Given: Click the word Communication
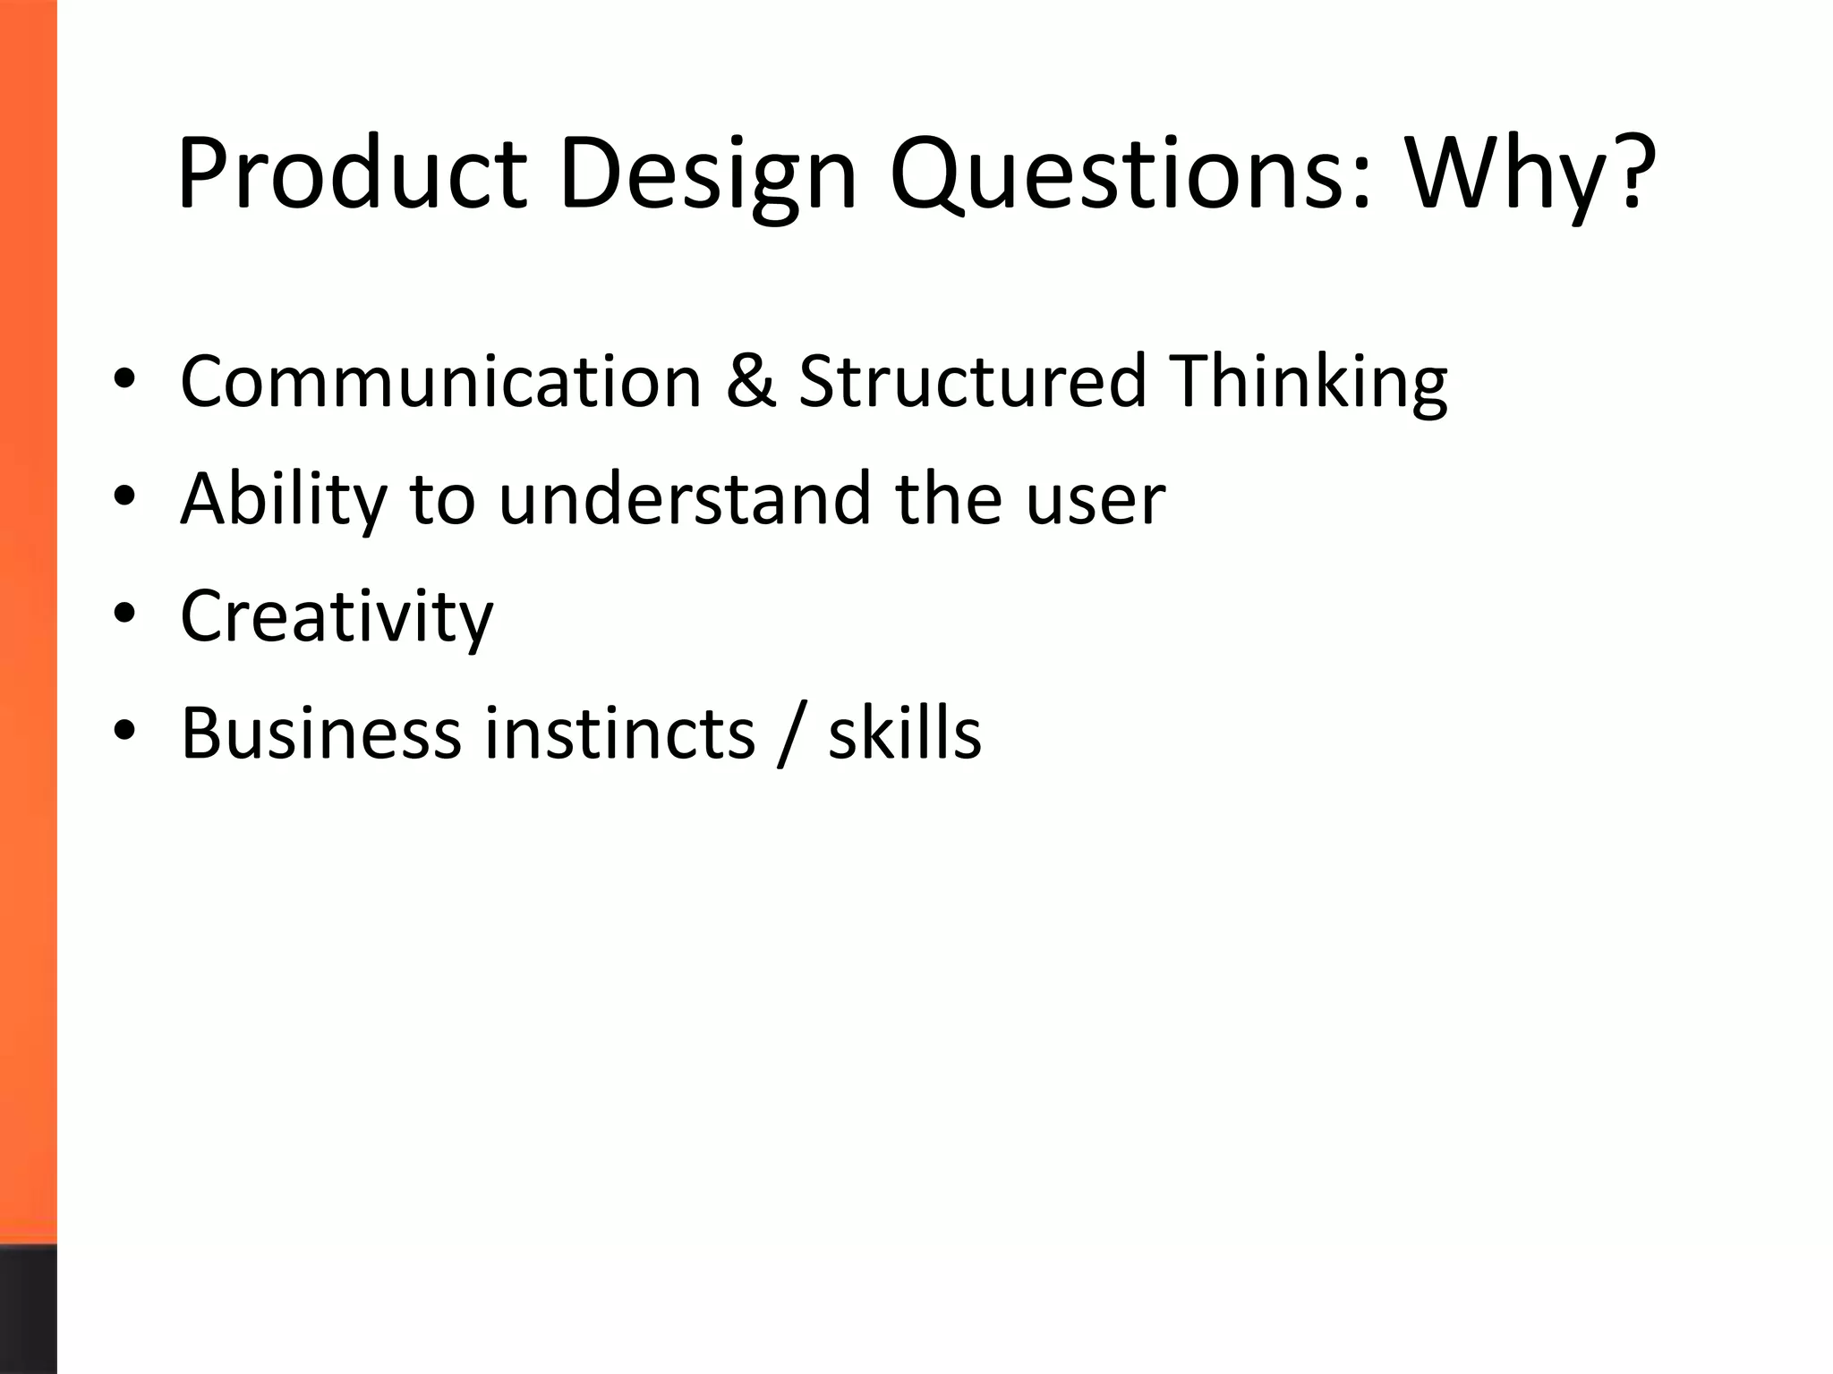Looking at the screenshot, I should tap(440, 381).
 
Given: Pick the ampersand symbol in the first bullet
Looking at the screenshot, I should tap(751, 381).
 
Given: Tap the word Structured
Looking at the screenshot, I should tap(972, 381).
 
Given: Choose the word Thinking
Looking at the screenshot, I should tap(1308, 381).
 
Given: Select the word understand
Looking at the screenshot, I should tap(684, 498).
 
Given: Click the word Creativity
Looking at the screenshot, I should tap(337, 616).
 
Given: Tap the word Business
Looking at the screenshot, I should tap(321, 734).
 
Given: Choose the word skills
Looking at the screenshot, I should tap(905, 734).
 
